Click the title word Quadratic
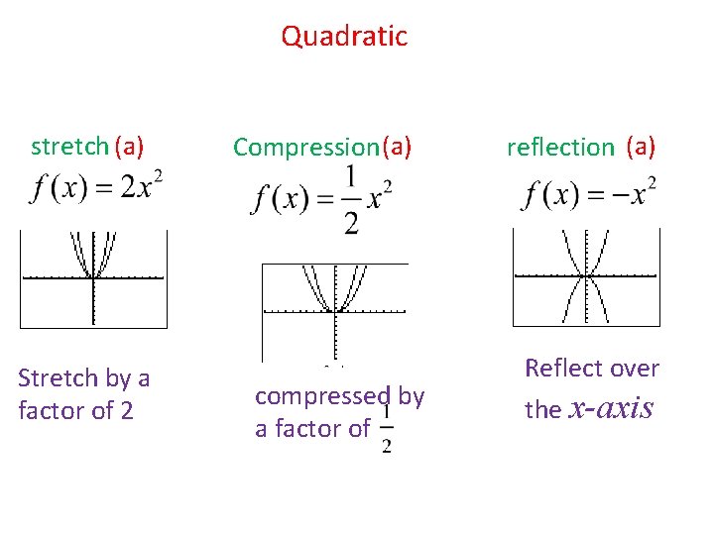coord(344,37)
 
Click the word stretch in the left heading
coord(69,148)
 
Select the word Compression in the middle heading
coord(305,149)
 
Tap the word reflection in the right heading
coord(560,149)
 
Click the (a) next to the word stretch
coord(130,148)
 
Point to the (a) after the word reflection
coord(641,148)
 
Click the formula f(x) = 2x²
coord(97,187)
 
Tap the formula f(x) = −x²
coord(590,193)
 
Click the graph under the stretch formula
coord(93,278)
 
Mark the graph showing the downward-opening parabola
coord(586,277)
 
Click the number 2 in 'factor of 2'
coord(126,410)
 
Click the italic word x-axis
coord(612,408)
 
